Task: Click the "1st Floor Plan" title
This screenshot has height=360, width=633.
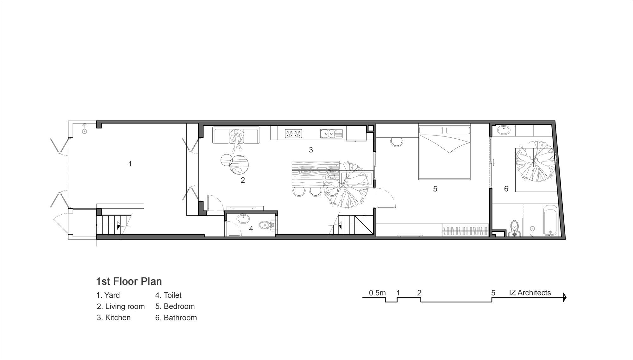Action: [x=129, y=281]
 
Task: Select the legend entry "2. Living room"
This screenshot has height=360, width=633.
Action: [x=121, y=306]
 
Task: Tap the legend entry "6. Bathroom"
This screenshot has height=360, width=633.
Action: [x=176, y=318]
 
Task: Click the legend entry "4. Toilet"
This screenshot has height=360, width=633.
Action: [x=168, y=295]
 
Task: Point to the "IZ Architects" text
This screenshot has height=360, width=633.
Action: [x=530, y=293]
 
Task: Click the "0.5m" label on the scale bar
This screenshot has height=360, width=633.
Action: [x=377, y=293]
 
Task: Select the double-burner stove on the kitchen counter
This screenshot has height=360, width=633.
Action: [x=293, y=134]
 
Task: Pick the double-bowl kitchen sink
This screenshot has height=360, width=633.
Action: [x=331, y=134]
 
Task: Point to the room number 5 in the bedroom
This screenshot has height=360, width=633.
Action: [x=435, y=189]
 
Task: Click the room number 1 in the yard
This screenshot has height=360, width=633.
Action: [x=130, y=164]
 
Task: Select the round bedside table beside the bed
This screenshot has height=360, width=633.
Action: [x=397, y=141]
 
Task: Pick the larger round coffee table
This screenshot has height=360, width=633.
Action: [x=239, y=165]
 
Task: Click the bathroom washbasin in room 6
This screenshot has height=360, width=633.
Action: [x=504, y=130]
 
